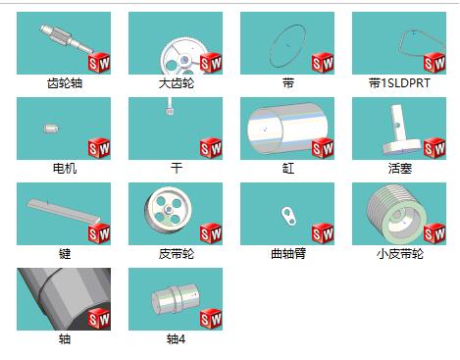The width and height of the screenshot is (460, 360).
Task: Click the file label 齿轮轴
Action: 65,83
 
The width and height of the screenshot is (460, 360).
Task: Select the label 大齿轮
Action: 177,83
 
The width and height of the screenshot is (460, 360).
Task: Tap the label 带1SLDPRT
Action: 399,83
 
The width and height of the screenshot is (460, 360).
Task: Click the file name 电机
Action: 65,169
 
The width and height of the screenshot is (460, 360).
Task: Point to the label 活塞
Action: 400,169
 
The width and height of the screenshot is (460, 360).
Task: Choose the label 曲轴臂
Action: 288,254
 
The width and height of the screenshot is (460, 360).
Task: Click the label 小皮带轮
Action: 400,254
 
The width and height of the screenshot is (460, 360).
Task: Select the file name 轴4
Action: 176,339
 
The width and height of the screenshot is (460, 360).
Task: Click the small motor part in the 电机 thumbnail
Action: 51,129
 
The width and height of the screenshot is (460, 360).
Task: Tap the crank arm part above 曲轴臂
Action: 288,216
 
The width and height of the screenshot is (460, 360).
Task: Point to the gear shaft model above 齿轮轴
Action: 67,39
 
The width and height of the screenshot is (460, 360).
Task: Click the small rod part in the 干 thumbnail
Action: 170,107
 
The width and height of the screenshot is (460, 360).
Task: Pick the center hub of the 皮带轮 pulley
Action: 169,209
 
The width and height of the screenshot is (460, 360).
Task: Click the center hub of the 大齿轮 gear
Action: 184,60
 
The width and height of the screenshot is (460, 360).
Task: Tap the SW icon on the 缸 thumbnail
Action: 323,148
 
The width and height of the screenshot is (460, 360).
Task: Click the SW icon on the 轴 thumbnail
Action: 99,319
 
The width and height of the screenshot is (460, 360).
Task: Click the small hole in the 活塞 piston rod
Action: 397,125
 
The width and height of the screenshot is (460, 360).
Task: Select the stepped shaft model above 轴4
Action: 176,299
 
